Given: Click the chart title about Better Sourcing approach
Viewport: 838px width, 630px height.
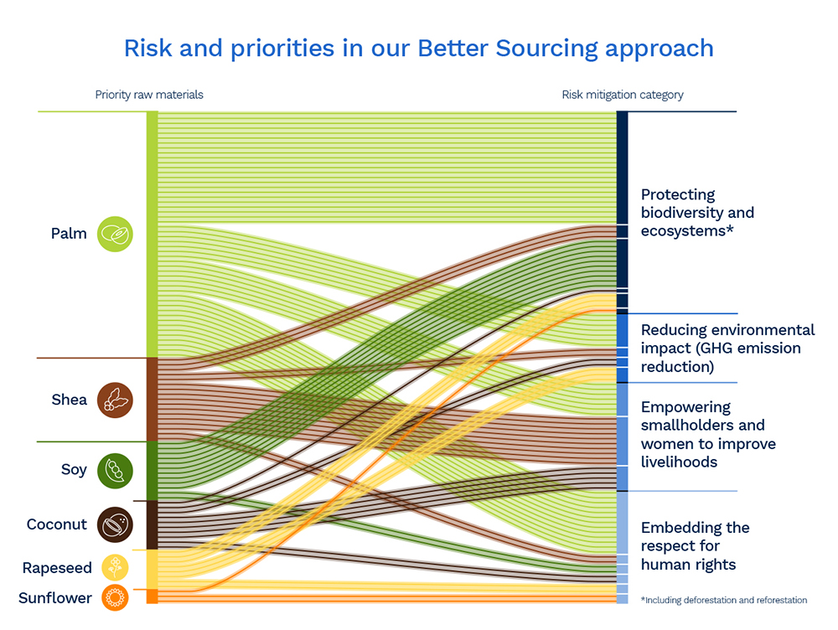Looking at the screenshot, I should pos(418,48).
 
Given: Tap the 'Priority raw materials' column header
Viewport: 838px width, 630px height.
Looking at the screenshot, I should pos(149,95).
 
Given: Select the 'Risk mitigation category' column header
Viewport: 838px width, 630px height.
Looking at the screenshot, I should pos(622,95).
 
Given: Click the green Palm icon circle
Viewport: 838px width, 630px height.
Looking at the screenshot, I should pos(115,234).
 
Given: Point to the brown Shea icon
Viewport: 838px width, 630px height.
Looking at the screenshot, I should pos(115,400).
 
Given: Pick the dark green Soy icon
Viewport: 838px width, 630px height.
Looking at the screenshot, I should pos(115,470).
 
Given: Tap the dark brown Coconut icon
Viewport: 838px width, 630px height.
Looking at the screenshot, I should pos(115,524).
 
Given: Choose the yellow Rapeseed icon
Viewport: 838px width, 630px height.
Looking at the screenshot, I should pos(115,568).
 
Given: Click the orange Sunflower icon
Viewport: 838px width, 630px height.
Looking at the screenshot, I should pos(115,598).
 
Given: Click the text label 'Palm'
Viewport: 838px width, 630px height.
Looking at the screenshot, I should pos(69,234).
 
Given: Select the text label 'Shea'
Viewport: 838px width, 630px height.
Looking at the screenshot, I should pos(69,400).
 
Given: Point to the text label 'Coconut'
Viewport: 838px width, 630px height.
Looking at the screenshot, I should pos(57,524).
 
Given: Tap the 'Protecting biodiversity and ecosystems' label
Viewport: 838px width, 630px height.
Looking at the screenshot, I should pos(697,213).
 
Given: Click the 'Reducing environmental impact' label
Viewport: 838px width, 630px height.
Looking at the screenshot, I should pos(727,348).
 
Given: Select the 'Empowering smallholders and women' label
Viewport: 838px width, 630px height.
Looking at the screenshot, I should pos(708,434).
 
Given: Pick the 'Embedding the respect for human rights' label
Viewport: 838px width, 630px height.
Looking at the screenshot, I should pos(695,545).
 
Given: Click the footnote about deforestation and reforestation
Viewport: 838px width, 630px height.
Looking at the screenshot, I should pos(723,600).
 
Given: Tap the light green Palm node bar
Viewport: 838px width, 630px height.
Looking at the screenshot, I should pos(152,234).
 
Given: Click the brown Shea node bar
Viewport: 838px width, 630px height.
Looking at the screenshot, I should pos(152,399).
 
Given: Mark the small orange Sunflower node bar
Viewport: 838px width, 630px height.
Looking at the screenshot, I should pos(152,597).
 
